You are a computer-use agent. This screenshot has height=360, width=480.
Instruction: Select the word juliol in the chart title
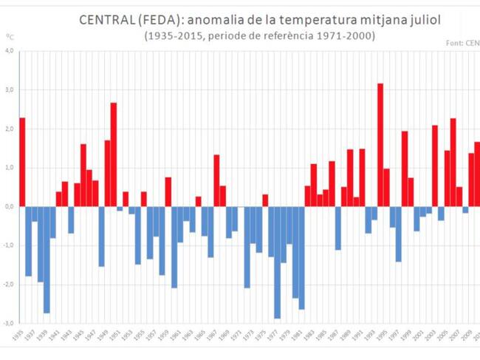click(x=420, y=20)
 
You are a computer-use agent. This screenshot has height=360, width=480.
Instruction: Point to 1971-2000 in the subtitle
click(x=348, y=36)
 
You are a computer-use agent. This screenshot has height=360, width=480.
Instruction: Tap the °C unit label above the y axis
click(x=10, y=36)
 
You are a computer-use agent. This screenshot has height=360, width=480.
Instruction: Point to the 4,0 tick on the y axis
click(x=10, y=51)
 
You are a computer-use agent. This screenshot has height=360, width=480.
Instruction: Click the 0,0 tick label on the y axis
click(x=10, y=206)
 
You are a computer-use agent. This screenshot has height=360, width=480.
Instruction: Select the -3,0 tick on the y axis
click(x=9, y=323)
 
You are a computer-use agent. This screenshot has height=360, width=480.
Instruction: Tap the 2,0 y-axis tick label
click(x=10, y=129)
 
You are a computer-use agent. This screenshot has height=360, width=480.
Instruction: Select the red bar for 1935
click(x=22, y=162)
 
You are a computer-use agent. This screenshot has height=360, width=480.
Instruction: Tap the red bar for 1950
click(x=114, y=154)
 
